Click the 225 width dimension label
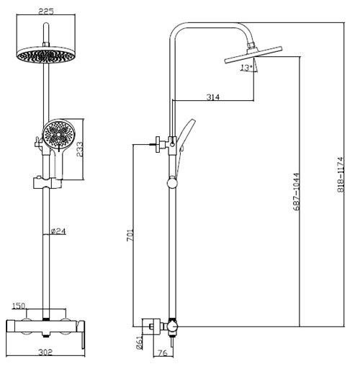[46, 12]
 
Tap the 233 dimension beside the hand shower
[79, 149]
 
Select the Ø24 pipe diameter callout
[58, 231]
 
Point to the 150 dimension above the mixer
[19, 306]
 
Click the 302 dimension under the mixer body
[45, 352]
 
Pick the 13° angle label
[246, 68]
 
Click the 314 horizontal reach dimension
[213, 97]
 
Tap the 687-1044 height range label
[297, 192]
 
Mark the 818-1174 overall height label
[341, 174]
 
